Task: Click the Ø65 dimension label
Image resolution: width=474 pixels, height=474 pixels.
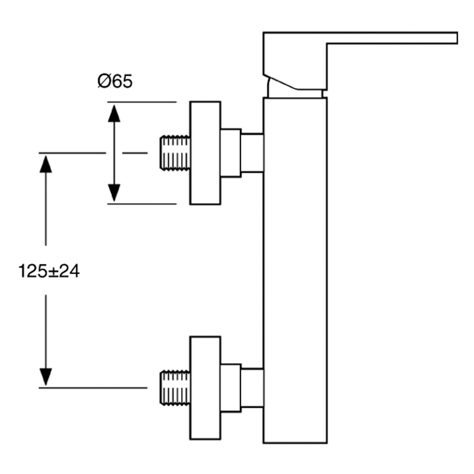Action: point(115,81)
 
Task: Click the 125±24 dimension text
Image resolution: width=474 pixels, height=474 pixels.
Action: point(49,271)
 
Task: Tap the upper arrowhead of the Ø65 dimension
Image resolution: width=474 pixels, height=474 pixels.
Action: point(114,113)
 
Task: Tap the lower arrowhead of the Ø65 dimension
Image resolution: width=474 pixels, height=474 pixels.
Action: point(114,193)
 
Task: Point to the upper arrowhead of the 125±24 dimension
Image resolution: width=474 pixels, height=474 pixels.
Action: point(46,164)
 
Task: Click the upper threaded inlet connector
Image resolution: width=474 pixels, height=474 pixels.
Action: point(175,153)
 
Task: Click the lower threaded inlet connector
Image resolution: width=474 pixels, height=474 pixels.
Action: point(175,387)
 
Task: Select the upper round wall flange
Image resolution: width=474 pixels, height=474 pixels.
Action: point(205,153)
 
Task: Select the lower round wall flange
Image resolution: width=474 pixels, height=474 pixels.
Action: point(205,387)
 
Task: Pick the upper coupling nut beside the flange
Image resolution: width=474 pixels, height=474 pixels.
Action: point(231,153)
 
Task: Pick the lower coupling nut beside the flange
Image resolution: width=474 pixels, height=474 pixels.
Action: point(231,387)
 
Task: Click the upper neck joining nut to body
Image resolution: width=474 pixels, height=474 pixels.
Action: point(252,153)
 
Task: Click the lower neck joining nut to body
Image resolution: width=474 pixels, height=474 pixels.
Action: point(252,387)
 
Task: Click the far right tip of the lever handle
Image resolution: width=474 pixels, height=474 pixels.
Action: point(457,38)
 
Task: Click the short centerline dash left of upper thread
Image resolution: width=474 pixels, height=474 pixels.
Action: point(135,153)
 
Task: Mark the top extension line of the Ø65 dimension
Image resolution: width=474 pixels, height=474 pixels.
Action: point(142,102)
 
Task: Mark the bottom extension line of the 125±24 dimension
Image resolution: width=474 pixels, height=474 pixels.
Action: point(93,388)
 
